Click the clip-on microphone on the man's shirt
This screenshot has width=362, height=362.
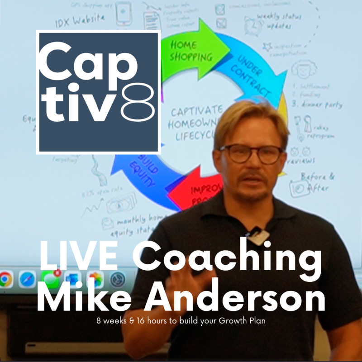257,235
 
